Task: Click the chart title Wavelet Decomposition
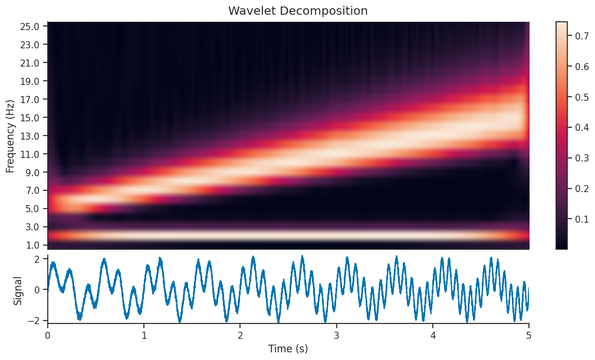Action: (298, 11)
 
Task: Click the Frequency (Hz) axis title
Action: (11, 136)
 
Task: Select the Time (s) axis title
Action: (288, 349)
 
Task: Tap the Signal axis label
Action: (18, 290)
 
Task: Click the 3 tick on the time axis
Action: (336, 334)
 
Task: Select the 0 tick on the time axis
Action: (48, 334)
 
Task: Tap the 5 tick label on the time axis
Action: (529, 334)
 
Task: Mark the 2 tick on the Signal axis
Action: (37, 259)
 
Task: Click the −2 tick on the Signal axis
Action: (34, 321)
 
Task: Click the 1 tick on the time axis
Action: (144, 334)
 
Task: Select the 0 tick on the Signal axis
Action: (37, 290)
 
